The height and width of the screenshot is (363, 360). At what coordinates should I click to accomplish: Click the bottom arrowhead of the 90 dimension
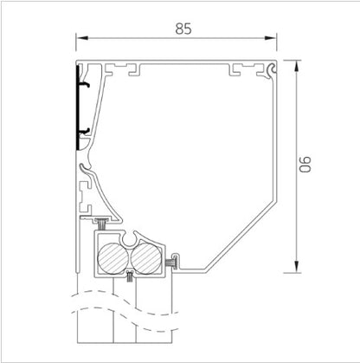point(296,265)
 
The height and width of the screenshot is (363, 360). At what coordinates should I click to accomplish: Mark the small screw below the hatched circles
point(129,277)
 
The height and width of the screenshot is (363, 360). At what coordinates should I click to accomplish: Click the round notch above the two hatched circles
point(130,236)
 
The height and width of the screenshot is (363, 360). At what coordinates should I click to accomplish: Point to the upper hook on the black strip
point(87,87)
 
